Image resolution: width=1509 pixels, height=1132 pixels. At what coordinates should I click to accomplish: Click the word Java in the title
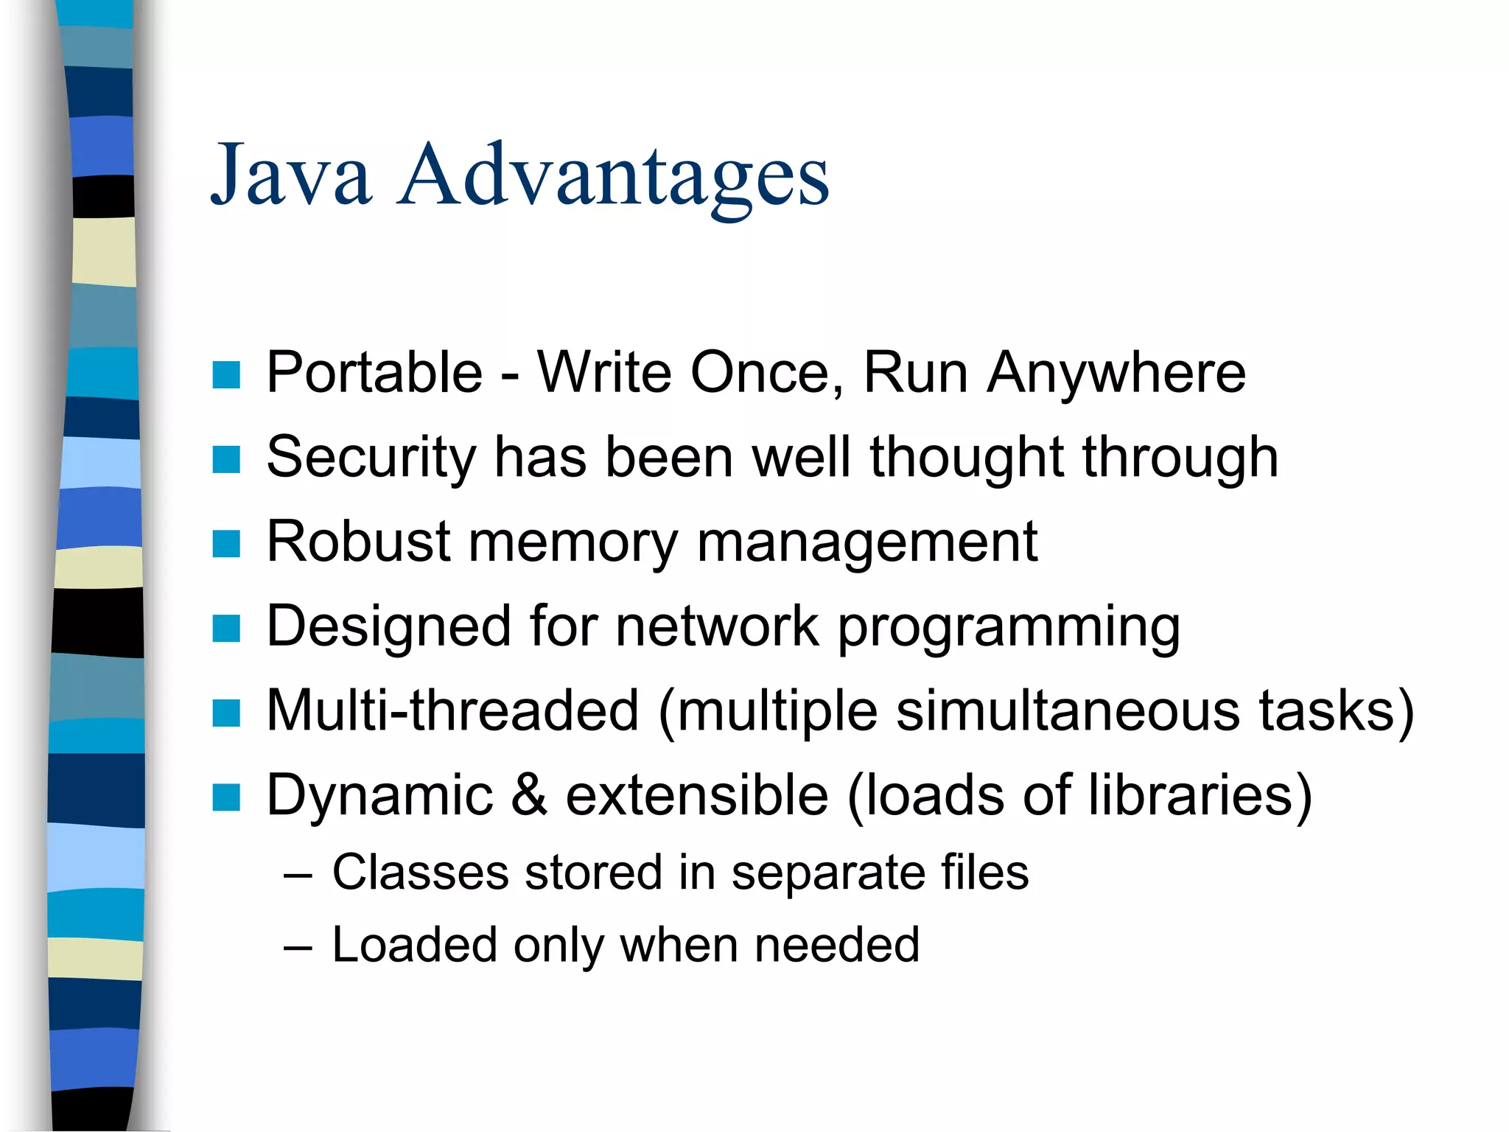click(x=291, y=175)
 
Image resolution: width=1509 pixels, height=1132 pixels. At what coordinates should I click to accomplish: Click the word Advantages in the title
click(x=613, y=177)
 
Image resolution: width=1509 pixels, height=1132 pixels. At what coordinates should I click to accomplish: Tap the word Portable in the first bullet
click(x=374, y=373)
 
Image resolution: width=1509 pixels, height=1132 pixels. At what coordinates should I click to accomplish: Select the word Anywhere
click(x=1116, y=373)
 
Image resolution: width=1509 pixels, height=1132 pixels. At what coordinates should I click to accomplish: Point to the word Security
click(x=371, y=458)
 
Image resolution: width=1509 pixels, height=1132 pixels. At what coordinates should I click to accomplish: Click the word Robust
click(x=358, y=542)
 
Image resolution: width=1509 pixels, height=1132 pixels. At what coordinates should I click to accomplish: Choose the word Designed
click(x=388, y=626)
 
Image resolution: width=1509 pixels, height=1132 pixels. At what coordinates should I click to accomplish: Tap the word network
click(x=717, y=626)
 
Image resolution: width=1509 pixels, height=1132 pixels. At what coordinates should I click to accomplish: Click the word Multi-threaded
click(x=452, y=711)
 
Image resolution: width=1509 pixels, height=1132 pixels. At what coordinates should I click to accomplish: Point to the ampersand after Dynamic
click(x=529, y=796)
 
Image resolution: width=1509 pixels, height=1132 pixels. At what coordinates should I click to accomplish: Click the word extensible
click(x=697, y=796)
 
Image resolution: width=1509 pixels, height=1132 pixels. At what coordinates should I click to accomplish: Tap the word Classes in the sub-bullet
click(x=420, y=873)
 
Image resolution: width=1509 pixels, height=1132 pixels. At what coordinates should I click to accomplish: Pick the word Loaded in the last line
click(x=414, y=946)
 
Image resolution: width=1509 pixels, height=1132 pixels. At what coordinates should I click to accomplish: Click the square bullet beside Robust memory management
click(x=226, y=545)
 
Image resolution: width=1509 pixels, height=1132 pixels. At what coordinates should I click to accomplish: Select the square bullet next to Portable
click(x=226, y=375)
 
